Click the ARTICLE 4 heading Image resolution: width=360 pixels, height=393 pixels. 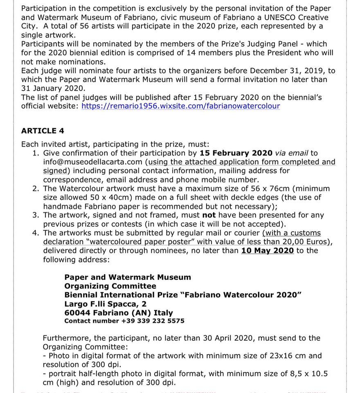[43, 131]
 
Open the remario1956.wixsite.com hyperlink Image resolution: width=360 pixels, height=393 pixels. [181, 106]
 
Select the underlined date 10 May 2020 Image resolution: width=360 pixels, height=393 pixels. [268, 251]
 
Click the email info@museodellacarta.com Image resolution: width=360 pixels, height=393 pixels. [92, 162]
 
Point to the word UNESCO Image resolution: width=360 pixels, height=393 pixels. [265, 17]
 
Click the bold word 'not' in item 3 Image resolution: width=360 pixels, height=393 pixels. [209, 215]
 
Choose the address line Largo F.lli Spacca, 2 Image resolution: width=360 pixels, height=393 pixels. [105, 304]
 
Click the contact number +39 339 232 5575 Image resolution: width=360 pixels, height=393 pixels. [153, 321]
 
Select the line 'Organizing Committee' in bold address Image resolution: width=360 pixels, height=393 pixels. [110, 286]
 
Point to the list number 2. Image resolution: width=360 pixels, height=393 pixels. [36, 188]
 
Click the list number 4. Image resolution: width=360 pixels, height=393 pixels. [36, 233]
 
